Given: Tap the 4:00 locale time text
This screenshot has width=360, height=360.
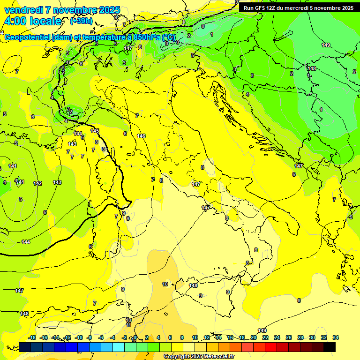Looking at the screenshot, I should tap(32, 21).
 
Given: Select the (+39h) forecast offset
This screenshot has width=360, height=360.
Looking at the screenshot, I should tap(81, 21).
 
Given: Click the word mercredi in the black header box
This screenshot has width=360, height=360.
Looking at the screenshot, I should tap(297, 8).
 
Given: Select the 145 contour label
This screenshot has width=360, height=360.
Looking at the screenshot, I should tap(95, 131).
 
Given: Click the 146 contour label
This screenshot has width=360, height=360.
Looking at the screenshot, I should tap(141, 136).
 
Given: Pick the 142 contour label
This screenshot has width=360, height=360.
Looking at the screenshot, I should tap(37, 183).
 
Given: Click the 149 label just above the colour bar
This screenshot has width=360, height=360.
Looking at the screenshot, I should tap(262, 330).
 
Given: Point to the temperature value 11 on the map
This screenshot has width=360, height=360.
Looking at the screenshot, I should tap(128, 325).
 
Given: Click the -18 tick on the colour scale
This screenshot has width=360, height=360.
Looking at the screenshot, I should tap(32, 338).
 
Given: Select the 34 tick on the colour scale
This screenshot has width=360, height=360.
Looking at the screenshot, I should tap(336, 338).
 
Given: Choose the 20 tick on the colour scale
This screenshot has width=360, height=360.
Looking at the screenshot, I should tap(254, 338).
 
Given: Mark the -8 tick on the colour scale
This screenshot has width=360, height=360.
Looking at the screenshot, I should tap(90, 338).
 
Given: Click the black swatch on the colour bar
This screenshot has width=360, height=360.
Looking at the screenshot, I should tap(330, 347).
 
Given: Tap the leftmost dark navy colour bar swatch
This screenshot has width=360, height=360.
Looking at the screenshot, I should tap(25, 347).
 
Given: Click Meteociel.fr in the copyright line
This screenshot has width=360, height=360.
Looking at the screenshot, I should tap(216, 357).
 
